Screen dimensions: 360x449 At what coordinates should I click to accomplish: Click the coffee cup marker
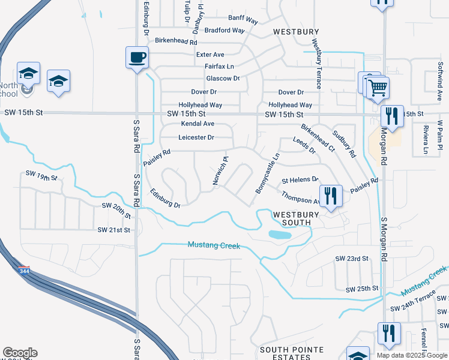tap(137, 58)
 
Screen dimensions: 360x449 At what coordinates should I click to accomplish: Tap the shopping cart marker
tap(378, 88)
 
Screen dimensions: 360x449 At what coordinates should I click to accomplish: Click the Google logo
tap(20, 353)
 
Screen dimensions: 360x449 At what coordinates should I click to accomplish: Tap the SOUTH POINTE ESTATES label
tap(292, 353)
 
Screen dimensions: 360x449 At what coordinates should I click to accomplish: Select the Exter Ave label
tap(210, 54)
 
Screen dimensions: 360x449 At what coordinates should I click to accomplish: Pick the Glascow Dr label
tap(223, 79)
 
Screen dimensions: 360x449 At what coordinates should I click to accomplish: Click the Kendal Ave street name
tap(197, 124)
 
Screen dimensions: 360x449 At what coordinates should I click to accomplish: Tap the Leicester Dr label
tap(196, 137)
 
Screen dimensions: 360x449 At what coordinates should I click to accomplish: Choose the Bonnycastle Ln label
tap(268, 173)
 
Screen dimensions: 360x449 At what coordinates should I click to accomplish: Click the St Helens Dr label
tap(300, 180)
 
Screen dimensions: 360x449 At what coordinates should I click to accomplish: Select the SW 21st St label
tap(113, 230)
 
